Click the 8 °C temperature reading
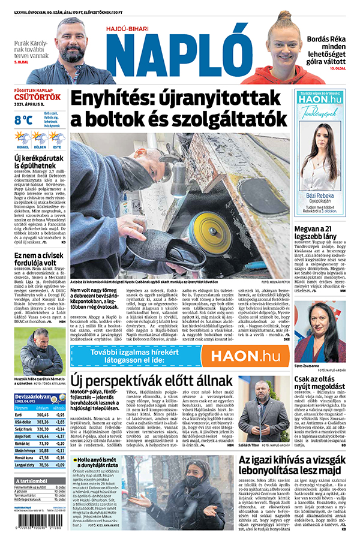click(x=23, y=120)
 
